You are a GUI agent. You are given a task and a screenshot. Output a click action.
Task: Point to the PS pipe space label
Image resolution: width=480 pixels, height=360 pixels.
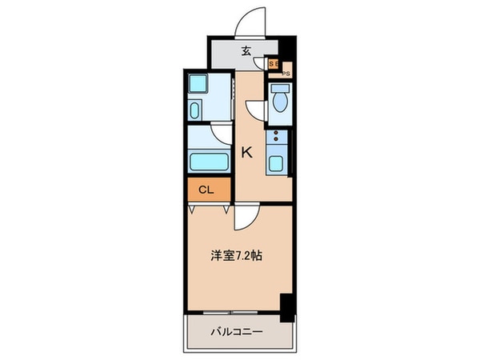286,74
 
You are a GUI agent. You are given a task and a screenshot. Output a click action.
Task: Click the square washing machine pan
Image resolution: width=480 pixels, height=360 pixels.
198,84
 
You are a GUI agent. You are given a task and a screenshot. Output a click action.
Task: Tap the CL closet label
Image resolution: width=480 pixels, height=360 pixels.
205,190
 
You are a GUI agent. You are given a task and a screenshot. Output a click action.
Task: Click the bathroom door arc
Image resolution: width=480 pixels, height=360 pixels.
220,133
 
